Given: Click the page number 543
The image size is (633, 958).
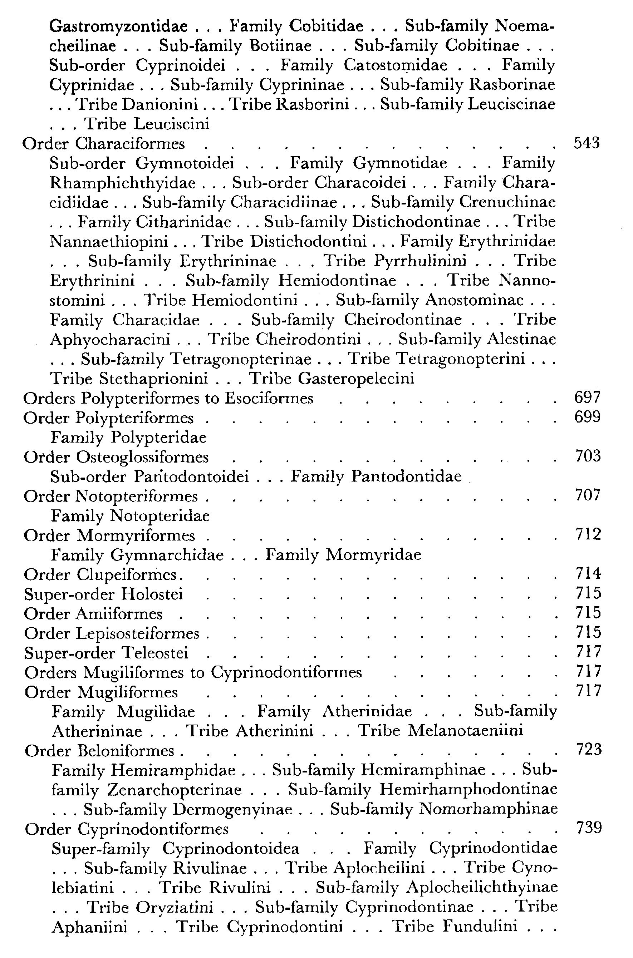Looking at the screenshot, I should pos(587,143).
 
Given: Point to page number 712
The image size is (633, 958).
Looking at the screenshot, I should pos(588,535).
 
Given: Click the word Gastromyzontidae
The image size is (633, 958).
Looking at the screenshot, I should pos(118,27).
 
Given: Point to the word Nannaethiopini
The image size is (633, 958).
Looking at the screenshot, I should pos(109,242).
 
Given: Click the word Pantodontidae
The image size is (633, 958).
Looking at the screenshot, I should pos(406,476).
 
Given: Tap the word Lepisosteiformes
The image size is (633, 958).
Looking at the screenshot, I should pos(138,633).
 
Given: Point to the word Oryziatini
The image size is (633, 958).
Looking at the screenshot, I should pos(175,907).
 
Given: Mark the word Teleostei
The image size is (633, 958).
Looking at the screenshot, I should pos(155,652).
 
